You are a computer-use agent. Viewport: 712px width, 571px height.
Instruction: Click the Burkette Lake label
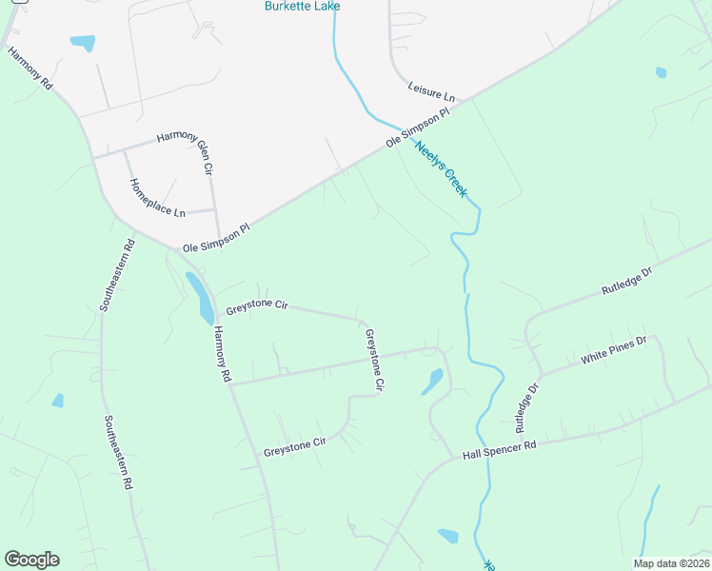coord(302,6)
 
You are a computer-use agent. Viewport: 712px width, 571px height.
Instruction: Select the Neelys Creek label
coord(441,169)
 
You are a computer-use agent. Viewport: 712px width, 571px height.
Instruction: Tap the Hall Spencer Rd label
coord(500,450)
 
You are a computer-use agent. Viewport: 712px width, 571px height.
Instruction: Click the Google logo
coord(31,560)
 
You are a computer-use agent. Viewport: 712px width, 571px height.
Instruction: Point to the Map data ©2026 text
coord(671,562)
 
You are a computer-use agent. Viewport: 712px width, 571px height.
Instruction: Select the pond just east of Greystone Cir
coord(432,381)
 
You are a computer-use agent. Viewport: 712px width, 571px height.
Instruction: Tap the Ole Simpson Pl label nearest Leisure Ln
coord(417,128)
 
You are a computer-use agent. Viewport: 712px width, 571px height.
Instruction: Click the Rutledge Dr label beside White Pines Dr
coord(527,402)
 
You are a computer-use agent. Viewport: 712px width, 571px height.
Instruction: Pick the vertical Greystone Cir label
coord(374,361)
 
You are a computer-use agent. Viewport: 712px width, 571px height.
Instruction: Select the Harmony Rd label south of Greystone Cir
coord(222,354)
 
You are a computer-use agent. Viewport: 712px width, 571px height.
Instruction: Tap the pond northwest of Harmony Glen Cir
coord(83,43)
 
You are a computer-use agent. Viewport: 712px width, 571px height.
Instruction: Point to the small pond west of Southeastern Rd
coord(58,401)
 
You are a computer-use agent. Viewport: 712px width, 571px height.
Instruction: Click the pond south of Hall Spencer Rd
coord(447,537)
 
